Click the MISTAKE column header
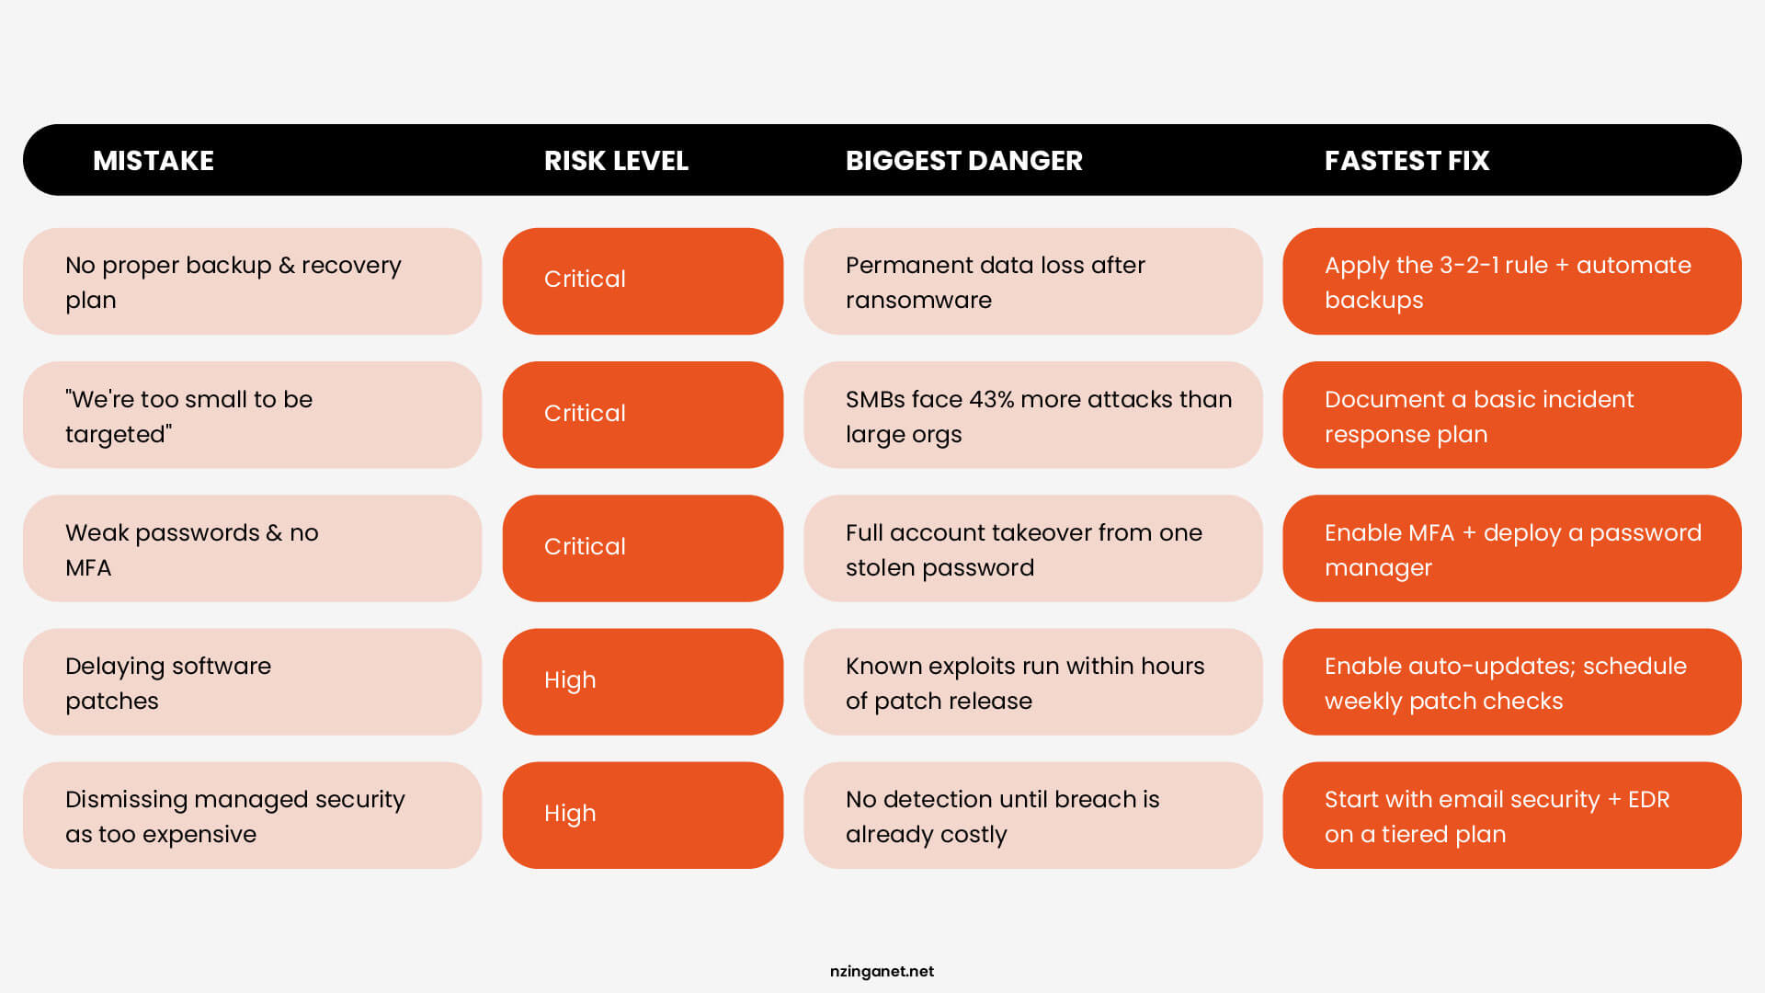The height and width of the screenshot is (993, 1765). point(154,161)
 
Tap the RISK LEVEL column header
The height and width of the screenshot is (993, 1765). point(616,161)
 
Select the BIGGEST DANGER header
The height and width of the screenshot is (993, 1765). point(964,161)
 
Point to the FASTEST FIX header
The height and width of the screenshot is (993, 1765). point(1406,161)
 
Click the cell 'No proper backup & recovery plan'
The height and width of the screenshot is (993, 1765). point(252,281)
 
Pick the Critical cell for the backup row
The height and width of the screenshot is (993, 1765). point(643,281)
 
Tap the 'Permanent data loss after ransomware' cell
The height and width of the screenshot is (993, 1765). point(1033,281)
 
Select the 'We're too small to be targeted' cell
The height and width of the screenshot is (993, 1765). point(252,415)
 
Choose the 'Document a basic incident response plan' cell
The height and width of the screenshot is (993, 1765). point(1512,415)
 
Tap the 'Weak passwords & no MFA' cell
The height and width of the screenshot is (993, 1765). point(252,548)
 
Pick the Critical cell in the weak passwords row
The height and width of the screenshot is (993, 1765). point(643,548)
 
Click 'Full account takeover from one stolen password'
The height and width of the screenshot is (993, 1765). point(1033,548)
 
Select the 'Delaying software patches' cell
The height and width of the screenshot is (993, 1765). point(252,681)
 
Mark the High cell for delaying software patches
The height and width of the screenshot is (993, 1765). point(643,681)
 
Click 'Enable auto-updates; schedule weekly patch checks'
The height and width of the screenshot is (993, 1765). point(1512,681)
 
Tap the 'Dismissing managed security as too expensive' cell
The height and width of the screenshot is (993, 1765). point(252,815)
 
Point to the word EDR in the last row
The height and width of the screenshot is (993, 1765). point(1649,799)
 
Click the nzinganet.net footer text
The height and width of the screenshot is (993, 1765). point(882,971)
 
